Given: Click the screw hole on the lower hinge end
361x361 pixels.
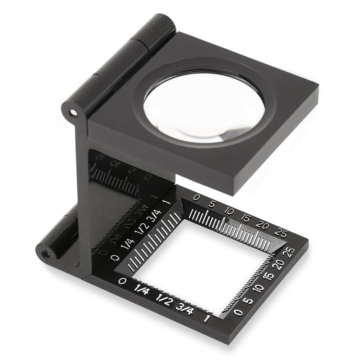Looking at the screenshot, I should tap(45, 255).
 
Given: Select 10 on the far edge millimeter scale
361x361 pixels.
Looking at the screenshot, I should tap(229, 211).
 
